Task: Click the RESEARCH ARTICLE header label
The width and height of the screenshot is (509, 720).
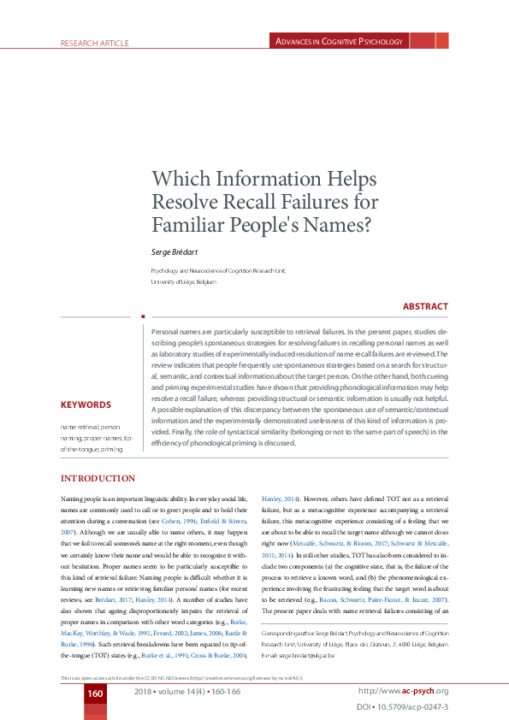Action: pyautogui.click(x=94, y=43)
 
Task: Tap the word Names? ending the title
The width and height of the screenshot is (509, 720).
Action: pyautogui.click(x=338, y=226)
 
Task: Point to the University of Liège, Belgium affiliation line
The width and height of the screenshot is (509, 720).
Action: pyautogui.click(x=184, y=281)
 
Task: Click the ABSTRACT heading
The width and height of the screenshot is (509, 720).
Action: pyautogui.click(x=424, y=306)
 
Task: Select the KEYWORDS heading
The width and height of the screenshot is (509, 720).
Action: pyautogui.click(x=86, y=405)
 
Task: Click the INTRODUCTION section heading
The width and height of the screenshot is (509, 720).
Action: pyautogui.click(x=95, y=478)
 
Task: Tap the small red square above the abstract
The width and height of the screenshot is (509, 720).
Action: pyautogui.click(x=143, y=316)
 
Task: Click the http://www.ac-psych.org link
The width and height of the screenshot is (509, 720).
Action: pyautogui.click(x=403, y=690)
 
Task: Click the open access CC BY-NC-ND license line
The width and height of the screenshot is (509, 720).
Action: pyautogui.click(x=182, y=677)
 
